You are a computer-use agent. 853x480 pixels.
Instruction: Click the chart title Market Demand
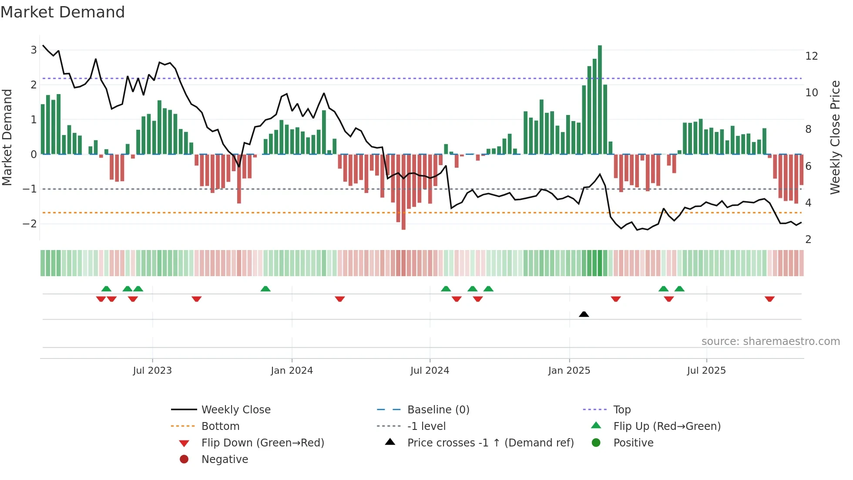pos(63,12)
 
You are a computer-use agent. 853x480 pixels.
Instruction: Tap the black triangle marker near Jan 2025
pos(584,314)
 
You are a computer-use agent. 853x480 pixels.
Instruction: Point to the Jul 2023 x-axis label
pos(152,371)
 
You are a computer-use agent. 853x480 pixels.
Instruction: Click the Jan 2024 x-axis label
pos(292,371)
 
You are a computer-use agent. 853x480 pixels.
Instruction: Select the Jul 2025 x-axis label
pos(706,371)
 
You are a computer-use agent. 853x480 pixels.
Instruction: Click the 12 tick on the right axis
pos(812,56)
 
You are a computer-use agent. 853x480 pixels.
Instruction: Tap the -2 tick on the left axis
pos(30,224)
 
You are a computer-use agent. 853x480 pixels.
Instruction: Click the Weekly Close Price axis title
pos(835,137)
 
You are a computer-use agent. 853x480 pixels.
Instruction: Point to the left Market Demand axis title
pos(7,137)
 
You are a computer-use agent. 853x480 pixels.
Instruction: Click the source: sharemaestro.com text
pos(770,341)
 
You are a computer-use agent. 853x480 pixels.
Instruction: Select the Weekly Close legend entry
pos(236,410)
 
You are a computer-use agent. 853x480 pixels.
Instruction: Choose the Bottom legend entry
pos(220,426)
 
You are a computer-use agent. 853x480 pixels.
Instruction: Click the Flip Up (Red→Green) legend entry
pos(667,426)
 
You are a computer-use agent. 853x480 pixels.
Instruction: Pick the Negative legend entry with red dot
pos(225,460)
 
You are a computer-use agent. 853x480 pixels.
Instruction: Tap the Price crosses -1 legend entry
pos(490,443)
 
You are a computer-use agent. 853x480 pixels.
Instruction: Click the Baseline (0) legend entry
pos(438,410)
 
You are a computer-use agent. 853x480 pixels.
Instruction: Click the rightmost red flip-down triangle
pos(769,299)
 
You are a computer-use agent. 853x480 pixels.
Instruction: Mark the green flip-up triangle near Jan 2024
pos(265,289)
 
